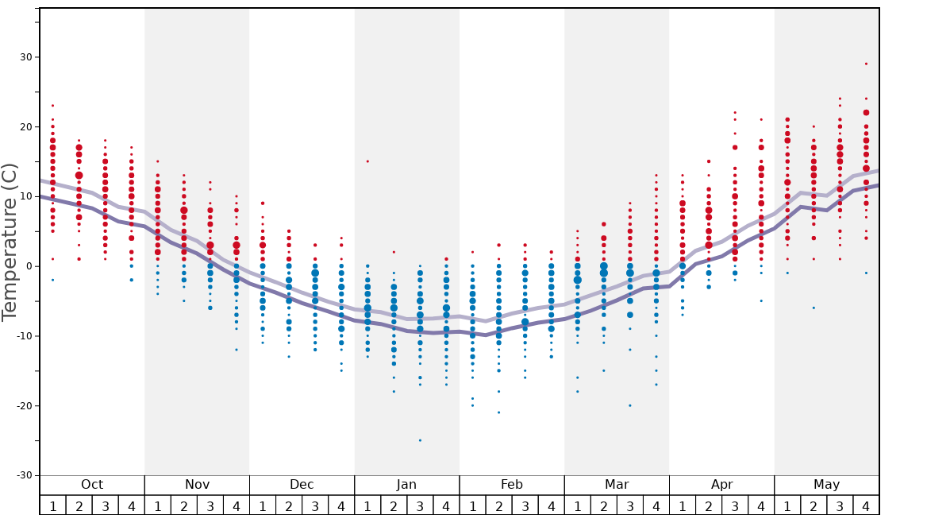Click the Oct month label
(x=92, y=485)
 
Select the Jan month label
(x=406, y=485)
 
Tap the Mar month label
(x=617, y=485)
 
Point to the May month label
(x=826, y=485)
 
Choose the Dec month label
(x=302, y=485)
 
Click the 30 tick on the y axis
(x=26, y=57)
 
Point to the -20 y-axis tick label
(x=24, y=406)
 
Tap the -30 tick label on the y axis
(x=24, y=475)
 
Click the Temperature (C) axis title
(x=10, y=242)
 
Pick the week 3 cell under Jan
(x=420, y=505)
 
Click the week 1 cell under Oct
(x=52, y=505)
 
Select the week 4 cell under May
(x=866, y=505)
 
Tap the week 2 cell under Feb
(x=498, y=505)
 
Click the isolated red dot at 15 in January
(x=367, y=161)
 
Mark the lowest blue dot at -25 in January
(x=420, y=440)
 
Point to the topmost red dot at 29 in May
(x=866, y=64)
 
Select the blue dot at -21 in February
(x=498, y=412)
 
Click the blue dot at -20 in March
(x=630, y=405)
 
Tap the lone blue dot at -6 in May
(x=814, y=308)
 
